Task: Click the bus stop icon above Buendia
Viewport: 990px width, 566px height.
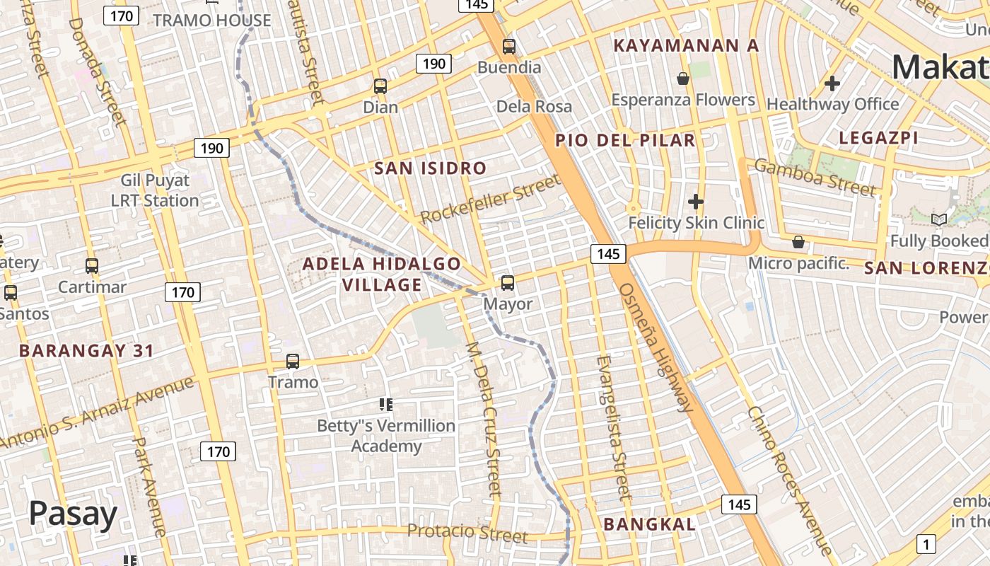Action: pyautogui.click(x=508, y=47)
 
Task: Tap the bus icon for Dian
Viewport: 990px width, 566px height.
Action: pyautogui.click(x=380, y=87)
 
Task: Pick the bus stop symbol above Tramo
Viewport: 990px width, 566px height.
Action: pyautogui.click(x=293, y=362)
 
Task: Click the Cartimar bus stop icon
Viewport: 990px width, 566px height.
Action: pyautogui.click(x=92, y=267)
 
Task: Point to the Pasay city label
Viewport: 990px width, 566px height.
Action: pyautogui.click(x=73, y=514)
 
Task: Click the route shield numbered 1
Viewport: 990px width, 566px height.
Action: pyautogui.click(x=926, y=543)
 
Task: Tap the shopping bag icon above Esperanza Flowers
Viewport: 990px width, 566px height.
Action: pyautogui.click(x=683, y=79)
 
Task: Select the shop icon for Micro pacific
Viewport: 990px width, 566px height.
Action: pyautogui.click(x=798, y=243)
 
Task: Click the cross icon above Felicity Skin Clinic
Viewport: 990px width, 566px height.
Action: pyautogui.click(x=696, y=202)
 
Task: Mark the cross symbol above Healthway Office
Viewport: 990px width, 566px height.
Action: pyautogui.click(x=832, y=83)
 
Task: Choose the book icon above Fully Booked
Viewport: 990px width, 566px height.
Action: pyautogui.click(x=939, y=220)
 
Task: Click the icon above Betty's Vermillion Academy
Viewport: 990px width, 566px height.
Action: pyautogui.click(x=385, y=405)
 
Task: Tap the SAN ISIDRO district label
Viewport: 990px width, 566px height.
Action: pyautogui.click(x=430, y=168)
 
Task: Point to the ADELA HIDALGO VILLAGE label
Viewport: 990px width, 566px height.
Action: pyautogui.click(x=382, y=274)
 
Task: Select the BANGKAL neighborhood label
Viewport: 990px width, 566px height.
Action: pyautogui.click(x=649, y=524)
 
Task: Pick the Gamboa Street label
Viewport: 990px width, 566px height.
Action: pyautogui.click(x=815, y=178)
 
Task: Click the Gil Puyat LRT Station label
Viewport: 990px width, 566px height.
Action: pyautogui.click(x=155, y=190)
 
